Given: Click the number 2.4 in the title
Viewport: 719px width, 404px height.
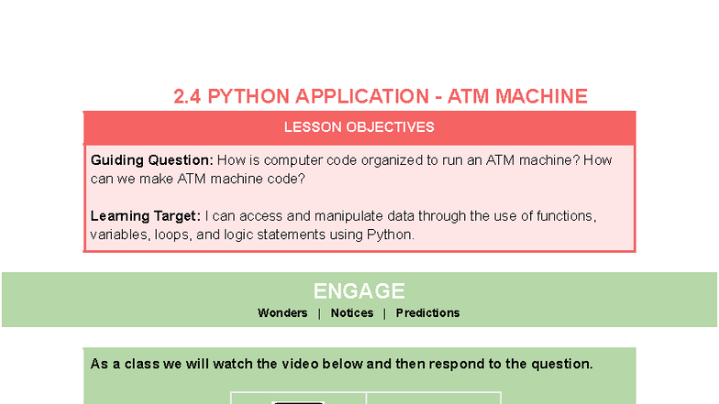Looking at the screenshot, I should tap(188, 96).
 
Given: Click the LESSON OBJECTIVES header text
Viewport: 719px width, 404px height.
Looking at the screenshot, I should tap(359, 127).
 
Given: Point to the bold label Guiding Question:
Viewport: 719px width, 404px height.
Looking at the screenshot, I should tap(151, 160).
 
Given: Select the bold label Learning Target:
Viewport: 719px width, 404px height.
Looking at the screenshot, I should tap(145, 216).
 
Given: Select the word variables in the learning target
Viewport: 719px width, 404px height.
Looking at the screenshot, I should tap(117, 235).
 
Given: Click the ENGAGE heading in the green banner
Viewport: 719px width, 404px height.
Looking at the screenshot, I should tap(359, 291).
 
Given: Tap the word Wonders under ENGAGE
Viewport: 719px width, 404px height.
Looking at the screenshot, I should tap(282, 313).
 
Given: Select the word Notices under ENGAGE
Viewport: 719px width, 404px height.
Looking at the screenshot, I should tap(352, 313).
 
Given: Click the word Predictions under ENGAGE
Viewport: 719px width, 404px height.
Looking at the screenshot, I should tap(427, 313).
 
